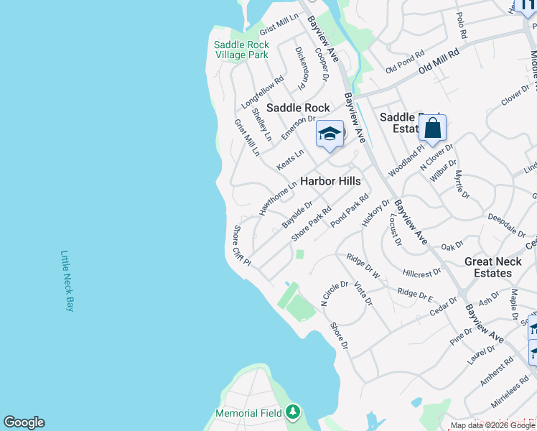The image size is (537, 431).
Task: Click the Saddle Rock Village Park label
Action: point(241,50)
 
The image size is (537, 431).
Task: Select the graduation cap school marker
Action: point(330,134)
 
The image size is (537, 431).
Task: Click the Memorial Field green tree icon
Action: point(292,412)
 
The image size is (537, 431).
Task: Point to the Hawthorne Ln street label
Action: point(278,198)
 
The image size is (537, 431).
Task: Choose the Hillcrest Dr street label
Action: point(422,274)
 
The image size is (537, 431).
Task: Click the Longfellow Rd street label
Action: point(263,93)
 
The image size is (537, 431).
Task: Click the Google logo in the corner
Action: point(24,422)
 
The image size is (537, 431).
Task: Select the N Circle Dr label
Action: point(334,294)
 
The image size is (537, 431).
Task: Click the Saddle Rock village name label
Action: point(298,108)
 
